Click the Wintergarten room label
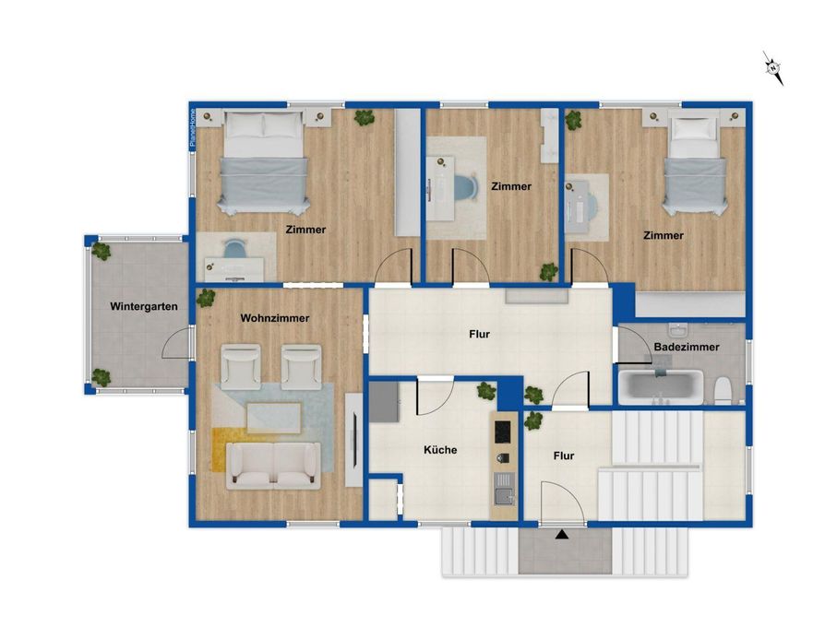[x=144, y=306]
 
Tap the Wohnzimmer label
[x=275, y=318]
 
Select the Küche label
[x=440, y=450]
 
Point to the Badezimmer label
[x=687, y=347]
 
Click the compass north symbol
[x=773, y=68]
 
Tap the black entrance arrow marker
[x=561, y=534]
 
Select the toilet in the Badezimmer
[x=723, y=390]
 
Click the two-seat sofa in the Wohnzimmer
[x=273, y=465]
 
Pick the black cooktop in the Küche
[x=502, y=432]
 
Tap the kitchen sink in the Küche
[x=503, y=489]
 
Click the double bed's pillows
[x=264, y=125]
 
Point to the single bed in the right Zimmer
[x=695, y=164]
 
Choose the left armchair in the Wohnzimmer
[x=241, y=367]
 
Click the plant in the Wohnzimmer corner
[x=206, y=299]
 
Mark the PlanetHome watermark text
[x=193, y=128]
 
